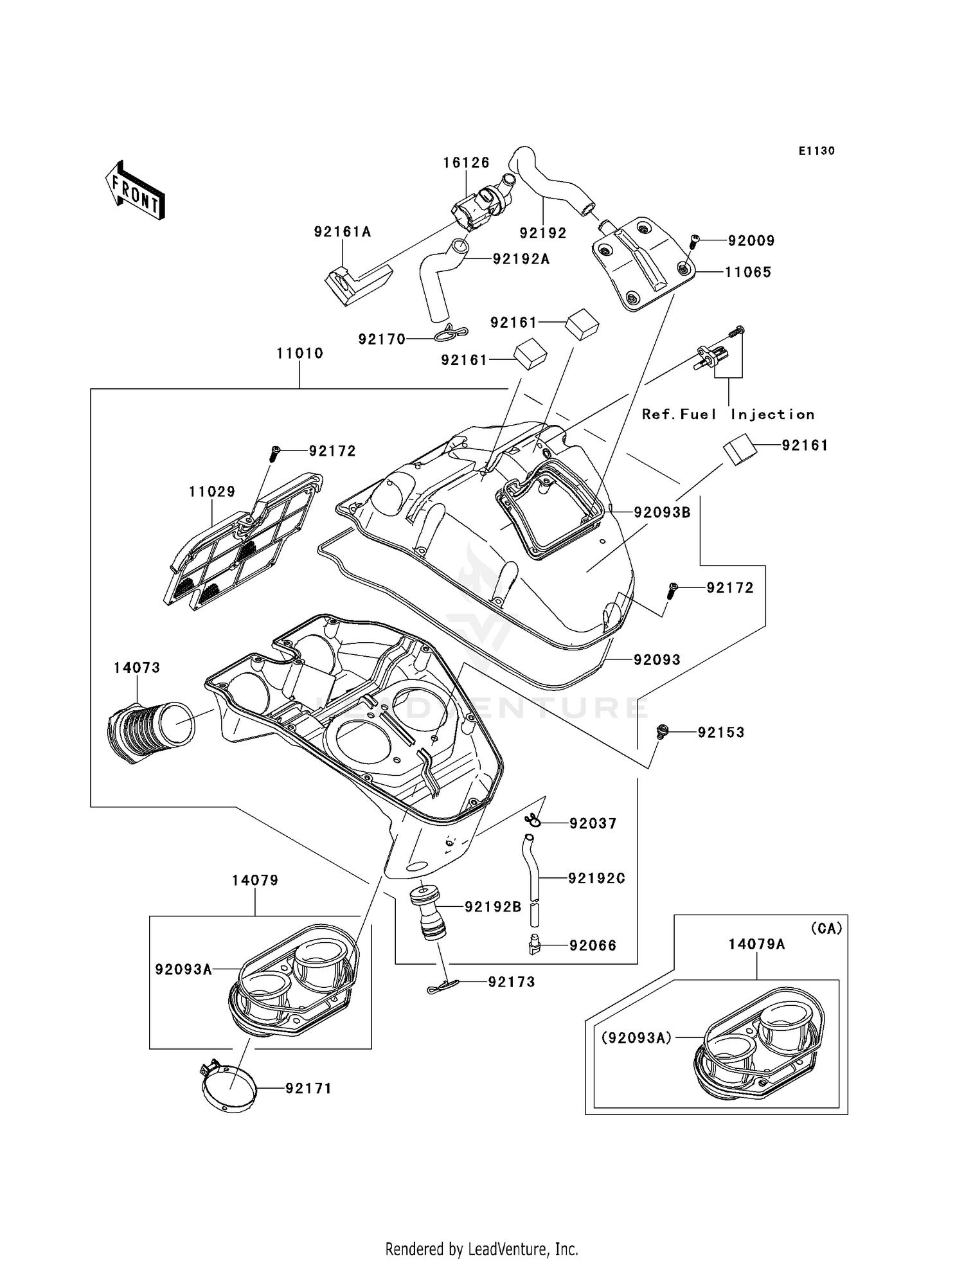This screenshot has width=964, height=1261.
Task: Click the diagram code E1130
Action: [x=816, y=151]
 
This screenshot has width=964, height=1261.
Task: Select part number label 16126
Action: [x=466, y=163]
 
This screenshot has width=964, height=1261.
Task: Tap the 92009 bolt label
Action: [x=751, y=241]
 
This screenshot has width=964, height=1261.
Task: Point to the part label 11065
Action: [x=747, y=273]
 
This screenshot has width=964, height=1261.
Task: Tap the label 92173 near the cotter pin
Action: [x=512, y=982]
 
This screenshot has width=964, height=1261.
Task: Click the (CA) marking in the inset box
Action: [x=826, y=929]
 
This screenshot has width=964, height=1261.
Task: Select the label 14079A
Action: [x=756, y=944]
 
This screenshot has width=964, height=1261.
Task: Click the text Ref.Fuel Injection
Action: [x=728, y=415]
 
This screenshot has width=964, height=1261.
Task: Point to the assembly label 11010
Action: [x=299, y=353]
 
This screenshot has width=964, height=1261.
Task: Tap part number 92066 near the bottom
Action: [x=593, y=945]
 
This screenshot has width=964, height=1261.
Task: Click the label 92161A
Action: [x=343, y=232]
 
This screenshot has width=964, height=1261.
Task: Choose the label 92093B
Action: [x=662, y=512]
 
